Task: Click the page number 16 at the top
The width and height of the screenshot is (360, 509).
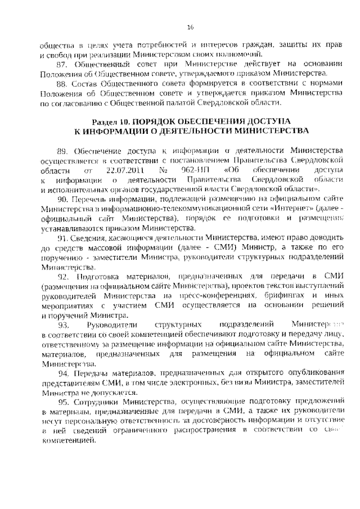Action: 190,26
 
